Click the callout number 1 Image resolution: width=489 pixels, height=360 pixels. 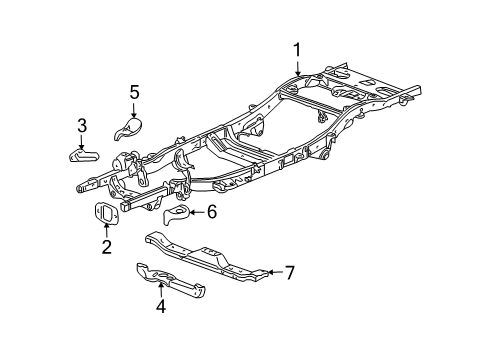click(296, 50)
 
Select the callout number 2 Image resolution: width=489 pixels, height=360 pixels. click(105, 245)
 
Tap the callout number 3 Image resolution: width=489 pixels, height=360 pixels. click(82, 125)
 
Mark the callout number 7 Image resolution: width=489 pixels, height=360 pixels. click(289, 272)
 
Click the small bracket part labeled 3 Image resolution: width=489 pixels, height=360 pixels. click(84, 154)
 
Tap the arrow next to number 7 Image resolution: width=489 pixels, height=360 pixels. click(273, 272)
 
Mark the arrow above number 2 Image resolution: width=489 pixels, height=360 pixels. click(105, 229)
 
